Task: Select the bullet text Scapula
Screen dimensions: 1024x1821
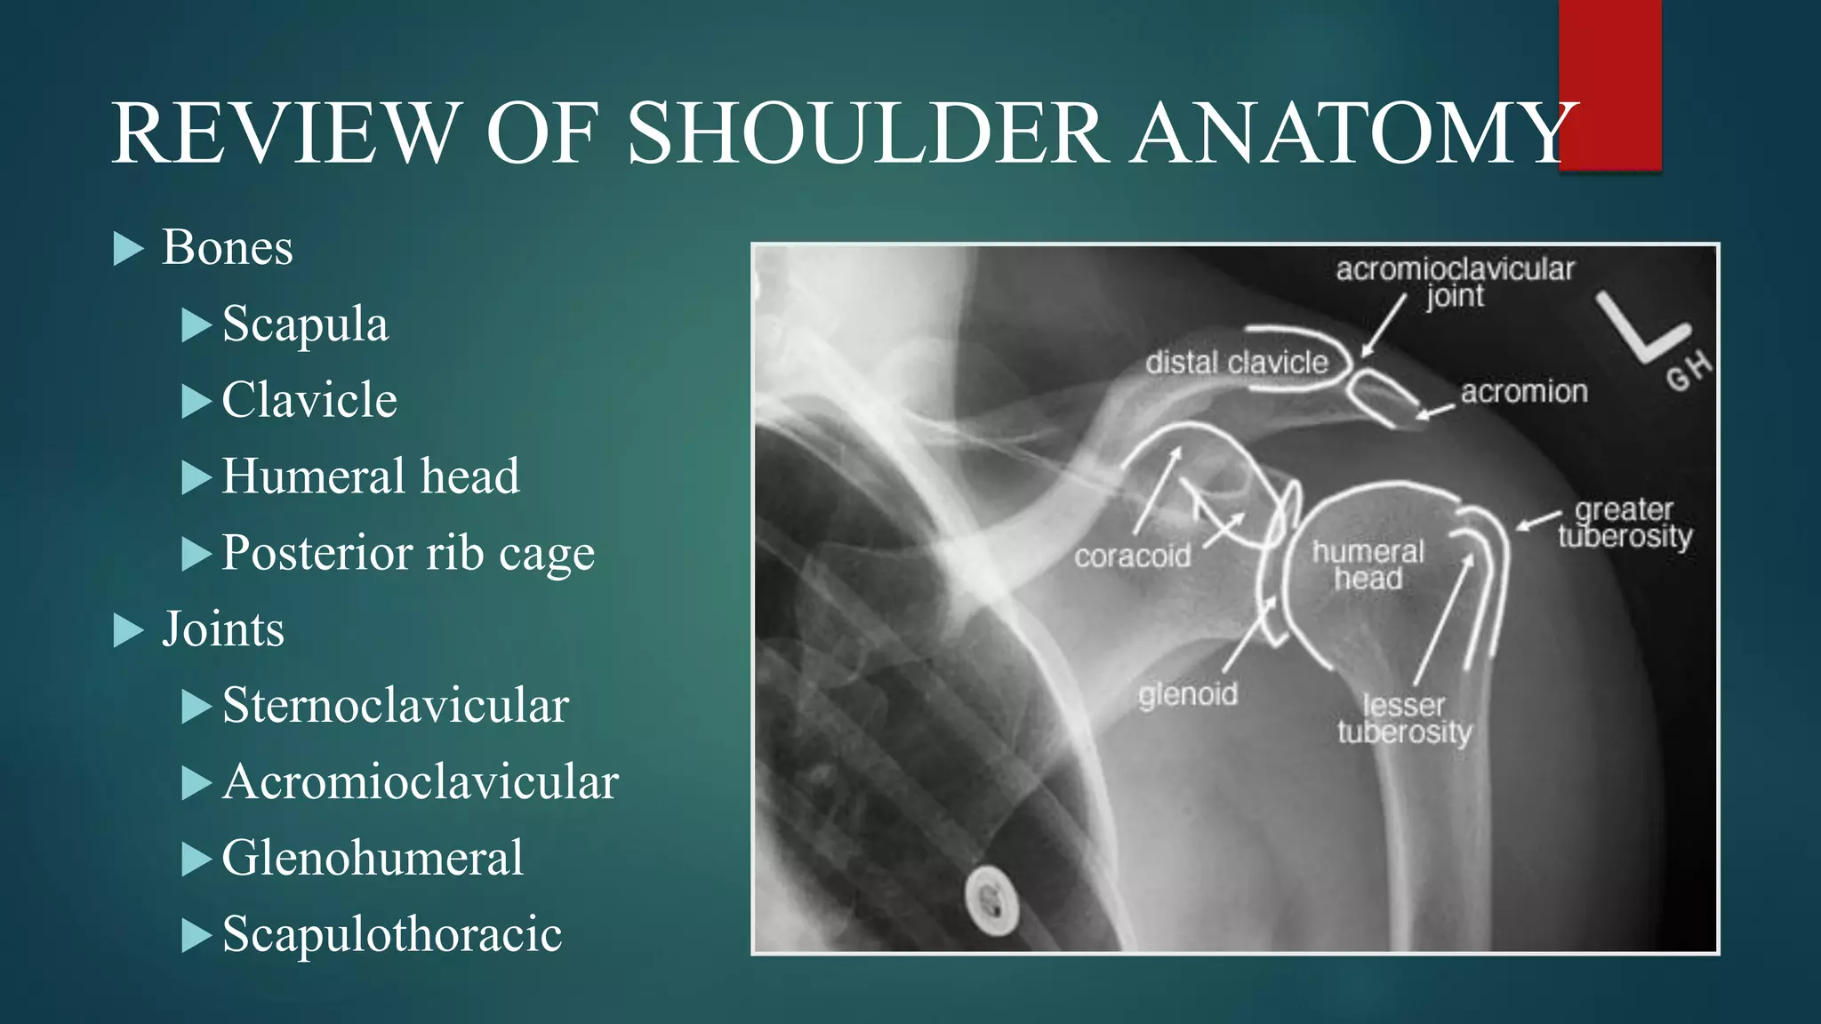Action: pyautogui.click(x=305, y=324)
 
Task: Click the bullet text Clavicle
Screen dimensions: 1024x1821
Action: pyautogui.click(x=309, y=400)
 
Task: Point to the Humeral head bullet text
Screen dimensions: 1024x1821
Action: pyautogui.click(x=371, y=476)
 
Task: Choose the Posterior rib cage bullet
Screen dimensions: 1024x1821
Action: pyautogui.click(x=408, y=553)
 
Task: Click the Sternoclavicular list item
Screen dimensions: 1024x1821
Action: pyautogui.click(x=396, y=706)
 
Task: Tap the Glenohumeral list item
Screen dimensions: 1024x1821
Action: pyautogui.click(x=373, y=859)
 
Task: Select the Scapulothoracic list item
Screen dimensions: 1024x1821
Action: pyautogui.click(x=392, y=935)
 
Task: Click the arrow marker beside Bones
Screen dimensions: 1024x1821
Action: pyautogui.click(x=129, y=249)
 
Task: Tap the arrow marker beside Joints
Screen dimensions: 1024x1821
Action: pyautogui.click(x=129, y=631)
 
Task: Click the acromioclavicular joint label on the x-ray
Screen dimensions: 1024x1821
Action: pyautogui.click(x=1455, y=282)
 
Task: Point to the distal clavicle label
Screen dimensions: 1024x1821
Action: pyautogui.click(x=1236, y=363)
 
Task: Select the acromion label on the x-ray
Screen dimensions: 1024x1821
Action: pyautogui.click(x=1524, y=391)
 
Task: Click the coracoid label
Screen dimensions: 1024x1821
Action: pyautogui.click(x=1132, y=556)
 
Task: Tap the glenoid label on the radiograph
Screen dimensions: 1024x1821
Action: pyautogui.click(x=1188, y=693)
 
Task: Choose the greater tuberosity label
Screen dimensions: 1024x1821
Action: pyautogui.click(x=1624, y=523)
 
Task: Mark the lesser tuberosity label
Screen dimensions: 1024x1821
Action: pyautogui.click(x=1404, y=718)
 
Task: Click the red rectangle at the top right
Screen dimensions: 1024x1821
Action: pyautogui.click(x=1610, y=84)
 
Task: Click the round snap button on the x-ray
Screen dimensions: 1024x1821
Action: pyautogui.click(x=991, y=900)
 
